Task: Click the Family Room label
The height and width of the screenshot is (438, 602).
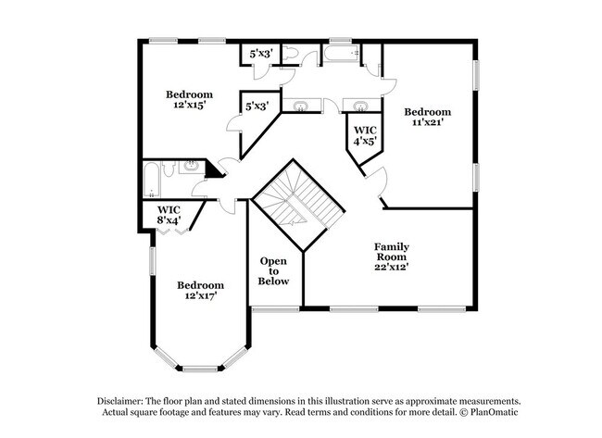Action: [x=392, y=247]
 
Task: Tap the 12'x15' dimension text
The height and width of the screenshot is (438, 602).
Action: [x=189, y=106]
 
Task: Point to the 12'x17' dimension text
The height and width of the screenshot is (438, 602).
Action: [x=201, y=296]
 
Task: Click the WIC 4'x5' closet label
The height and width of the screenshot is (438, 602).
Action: [x=365, y=135]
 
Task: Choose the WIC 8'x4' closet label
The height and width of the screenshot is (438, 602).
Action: [x=168, y=215]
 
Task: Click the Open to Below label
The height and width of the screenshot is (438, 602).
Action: [x=274, y=270]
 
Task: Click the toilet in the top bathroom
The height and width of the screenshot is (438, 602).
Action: [x=289, y=56]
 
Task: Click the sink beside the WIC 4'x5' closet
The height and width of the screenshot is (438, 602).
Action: [x=357, y=105]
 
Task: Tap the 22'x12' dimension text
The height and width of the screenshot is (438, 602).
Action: [x=392, y=266]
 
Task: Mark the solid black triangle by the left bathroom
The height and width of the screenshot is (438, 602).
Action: [x=214, y=170]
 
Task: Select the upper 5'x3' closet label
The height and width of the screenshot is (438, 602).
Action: [x=257, y=55]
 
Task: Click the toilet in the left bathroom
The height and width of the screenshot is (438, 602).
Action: [x=169, y=169]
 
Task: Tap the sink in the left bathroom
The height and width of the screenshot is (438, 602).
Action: [x=192, y=166]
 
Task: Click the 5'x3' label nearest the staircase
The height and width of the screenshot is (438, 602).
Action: [x=257, y=106]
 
